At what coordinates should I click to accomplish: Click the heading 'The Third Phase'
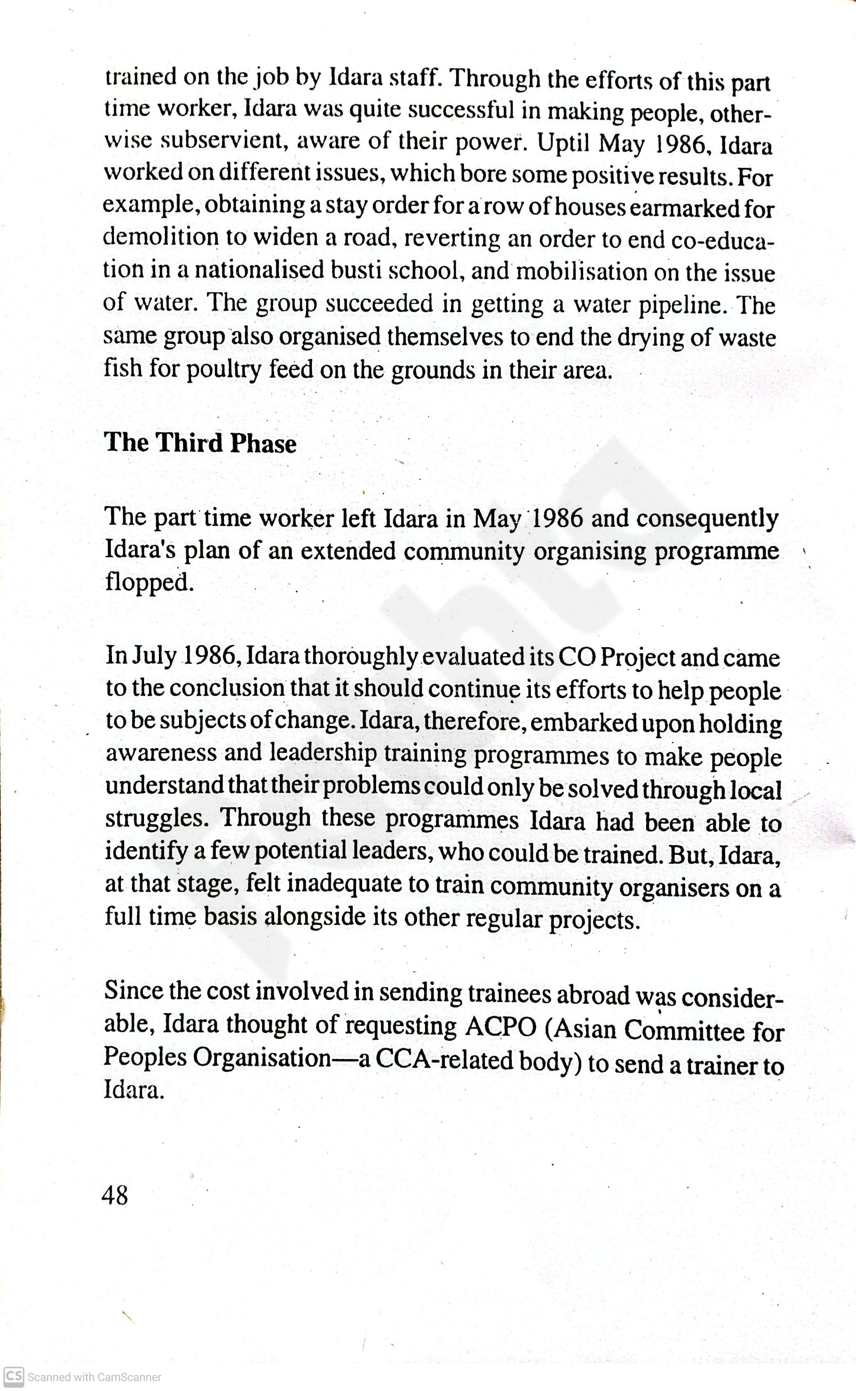pos(200,443)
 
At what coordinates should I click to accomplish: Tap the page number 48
pos(115,1195)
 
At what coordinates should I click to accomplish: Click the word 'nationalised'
pos(259,270)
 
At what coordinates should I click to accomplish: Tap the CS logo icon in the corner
pos(13,1376)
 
